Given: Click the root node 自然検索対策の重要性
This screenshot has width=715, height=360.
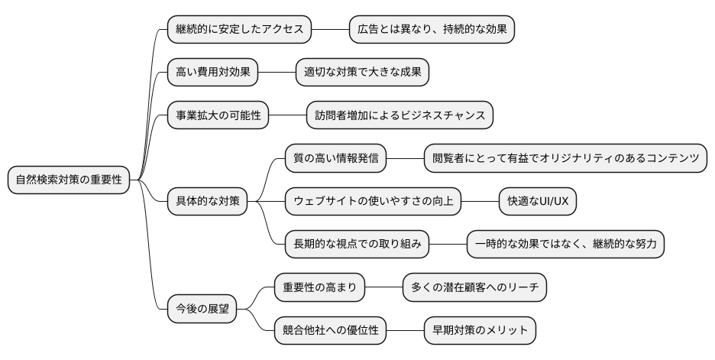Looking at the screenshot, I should click(x=68, y=180).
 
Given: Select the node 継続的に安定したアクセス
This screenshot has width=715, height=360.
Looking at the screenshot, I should click(x=240, y=30).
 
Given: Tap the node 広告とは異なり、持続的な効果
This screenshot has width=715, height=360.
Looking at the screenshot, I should click(x=432, y=30).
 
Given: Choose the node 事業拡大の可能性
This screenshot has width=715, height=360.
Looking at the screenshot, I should click(x=218, y=116).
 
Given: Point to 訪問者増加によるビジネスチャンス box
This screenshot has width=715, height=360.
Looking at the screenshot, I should click(x=400, y=116).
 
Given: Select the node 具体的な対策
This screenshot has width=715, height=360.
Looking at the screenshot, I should click(x=208, y=202).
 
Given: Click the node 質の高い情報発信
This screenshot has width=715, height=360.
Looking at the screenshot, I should click(x=335, y=158).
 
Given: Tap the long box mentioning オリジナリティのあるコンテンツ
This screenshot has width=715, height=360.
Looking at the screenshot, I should click(x=565, y=158).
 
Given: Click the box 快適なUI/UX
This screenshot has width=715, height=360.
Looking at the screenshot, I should click(x=538, y=202).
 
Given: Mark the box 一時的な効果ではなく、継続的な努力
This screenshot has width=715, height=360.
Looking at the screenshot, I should click(x=565, y=245).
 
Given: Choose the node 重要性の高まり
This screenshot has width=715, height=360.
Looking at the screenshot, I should click(x=319, y=287).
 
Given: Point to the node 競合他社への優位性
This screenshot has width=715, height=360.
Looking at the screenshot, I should click(x=330, y=331).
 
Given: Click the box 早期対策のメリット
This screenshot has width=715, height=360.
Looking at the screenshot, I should click(x=480, y=331).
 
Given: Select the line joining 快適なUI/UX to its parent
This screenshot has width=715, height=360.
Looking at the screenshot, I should click(x=480, y=202).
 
